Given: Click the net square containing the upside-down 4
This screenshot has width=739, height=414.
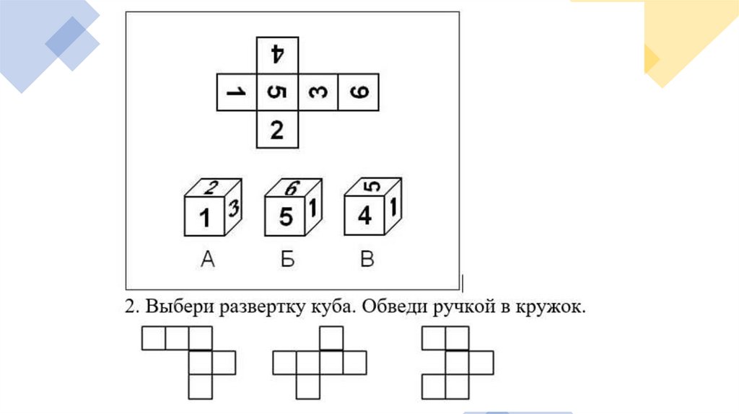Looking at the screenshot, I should [x=277, y=54].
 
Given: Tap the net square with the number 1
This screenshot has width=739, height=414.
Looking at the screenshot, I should [x=236, y=92].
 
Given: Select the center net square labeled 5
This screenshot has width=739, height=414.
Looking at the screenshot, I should [x=277, y=92].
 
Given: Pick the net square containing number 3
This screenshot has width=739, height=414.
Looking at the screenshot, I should [x=318, y=92].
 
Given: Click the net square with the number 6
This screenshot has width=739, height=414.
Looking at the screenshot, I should [x=359, y=92].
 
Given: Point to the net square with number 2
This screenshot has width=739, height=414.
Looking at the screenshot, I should [x=277, y=131].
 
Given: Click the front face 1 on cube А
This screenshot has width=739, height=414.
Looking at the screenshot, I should [x=206, y=217].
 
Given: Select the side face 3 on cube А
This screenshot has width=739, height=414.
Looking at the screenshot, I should [x=234, y=210].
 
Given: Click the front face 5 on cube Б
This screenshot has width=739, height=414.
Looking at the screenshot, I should [x=286, y=217].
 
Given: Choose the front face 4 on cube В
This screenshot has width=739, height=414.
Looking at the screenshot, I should [x=365, y=216].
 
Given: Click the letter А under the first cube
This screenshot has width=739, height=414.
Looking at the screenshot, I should [x=207, y=260].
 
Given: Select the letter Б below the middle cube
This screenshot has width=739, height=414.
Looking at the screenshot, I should [x=287, y=260].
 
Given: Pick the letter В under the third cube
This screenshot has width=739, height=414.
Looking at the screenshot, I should [x=367, y=260].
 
